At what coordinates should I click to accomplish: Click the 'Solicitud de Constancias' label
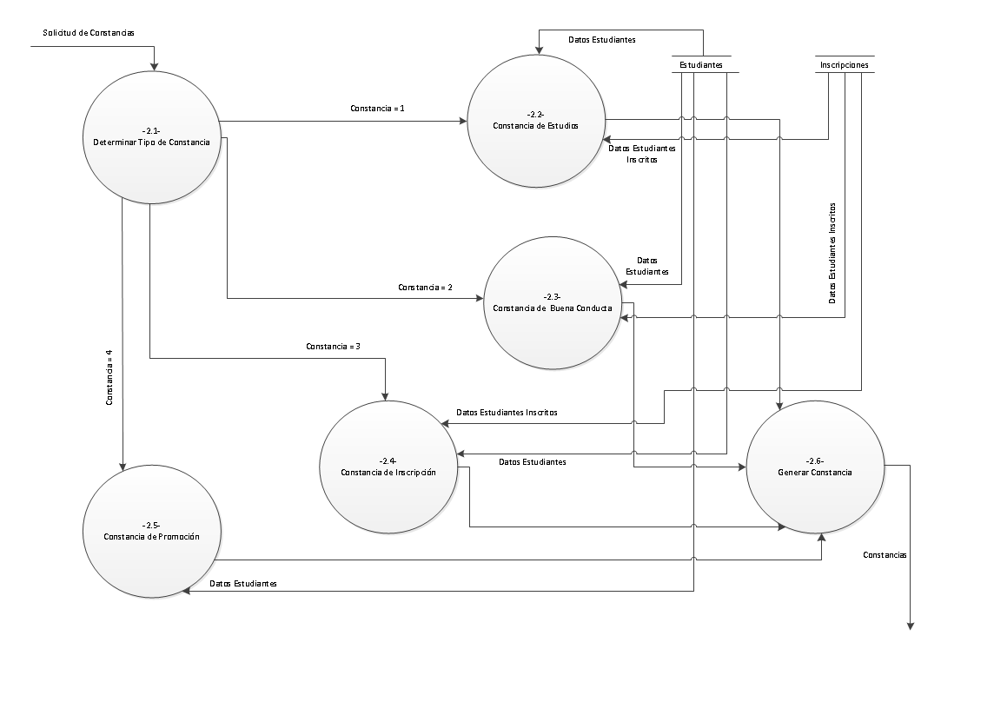[89, 32]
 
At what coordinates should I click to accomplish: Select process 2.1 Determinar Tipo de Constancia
[151, 136]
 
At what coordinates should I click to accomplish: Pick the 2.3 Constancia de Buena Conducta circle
[553, 302]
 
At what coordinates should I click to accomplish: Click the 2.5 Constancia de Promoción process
[151, 532]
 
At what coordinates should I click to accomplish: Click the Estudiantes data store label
[700, 65]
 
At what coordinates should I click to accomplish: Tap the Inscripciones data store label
[844, 64]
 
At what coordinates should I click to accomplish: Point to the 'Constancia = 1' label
[378, 109]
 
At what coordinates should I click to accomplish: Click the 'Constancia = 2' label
[425, 287]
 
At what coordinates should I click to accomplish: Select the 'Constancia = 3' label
[333, 346]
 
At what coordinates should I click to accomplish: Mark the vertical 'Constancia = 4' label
[109, 378]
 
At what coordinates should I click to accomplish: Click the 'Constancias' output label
[885, 554]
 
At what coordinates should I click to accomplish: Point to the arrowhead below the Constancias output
[911, 623]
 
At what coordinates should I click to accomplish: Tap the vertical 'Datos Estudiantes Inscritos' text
[832, 253]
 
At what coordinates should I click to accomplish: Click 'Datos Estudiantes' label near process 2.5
[243, 584]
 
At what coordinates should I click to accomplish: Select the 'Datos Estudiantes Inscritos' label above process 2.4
[507, 412]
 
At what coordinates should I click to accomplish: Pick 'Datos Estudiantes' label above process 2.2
[601, 40]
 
